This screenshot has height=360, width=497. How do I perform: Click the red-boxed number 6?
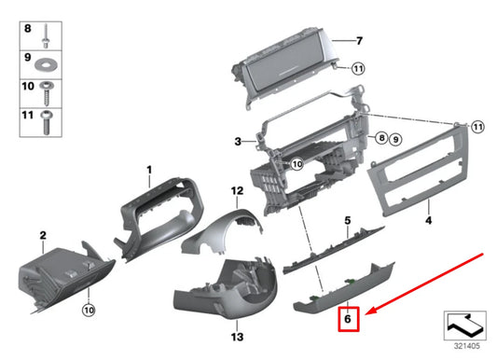(347, 318)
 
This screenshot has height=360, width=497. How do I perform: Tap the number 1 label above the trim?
(147, 169)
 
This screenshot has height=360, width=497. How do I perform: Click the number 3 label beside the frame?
(238, 142)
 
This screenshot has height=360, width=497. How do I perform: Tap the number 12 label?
(237, 190)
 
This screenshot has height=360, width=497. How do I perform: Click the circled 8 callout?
(381, 139)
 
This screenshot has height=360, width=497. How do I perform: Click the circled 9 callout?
(395, 139)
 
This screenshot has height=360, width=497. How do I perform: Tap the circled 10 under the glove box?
(88, 310)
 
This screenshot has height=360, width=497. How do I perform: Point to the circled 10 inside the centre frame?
(297, 164)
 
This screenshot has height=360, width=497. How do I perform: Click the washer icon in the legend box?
(45, 66)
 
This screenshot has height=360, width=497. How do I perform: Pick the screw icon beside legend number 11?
(45, 118)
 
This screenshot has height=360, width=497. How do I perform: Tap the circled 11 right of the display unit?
(359, 68)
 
